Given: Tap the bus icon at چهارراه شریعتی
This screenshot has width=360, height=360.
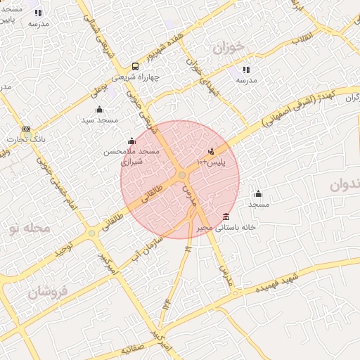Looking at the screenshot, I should tap(115, 67).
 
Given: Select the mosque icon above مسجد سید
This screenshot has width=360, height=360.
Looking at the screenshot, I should tap(98, 109).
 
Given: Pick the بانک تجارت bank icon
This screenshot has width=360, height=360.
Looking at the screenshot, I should tap(27, 129).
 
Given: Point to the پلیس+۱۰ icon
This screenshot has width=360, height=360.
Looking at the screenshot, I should tap(211, 151).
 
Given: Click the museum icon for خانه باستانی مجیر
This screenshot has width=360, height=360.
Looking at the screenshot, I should tap(225, 216).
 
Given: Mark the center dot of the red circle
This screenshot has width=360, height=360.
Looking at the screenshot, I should tap(182, 174).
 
